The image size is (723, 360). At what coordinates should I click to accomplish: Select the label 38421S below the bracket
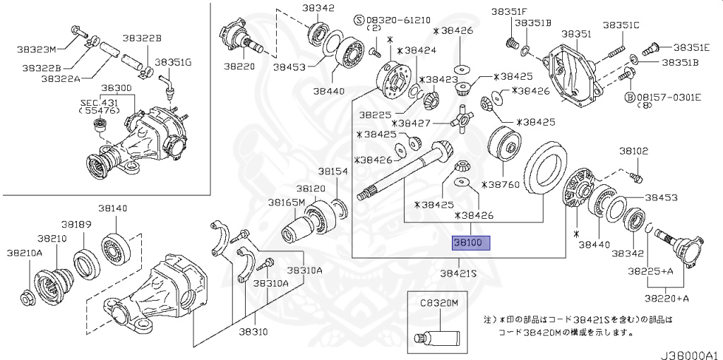[x=459, y=272]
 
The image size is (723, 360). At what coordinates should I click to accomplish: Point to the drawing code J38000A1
[x=690, y=352]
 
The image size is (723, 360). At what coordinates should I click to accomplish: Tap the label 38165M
[x=286, y=202]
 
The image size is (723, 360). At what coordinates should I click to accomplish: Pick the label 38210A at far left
[x=25, y=252]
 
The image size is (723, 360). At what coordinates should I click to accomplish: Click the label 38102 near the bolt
[x=633, y=150]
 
